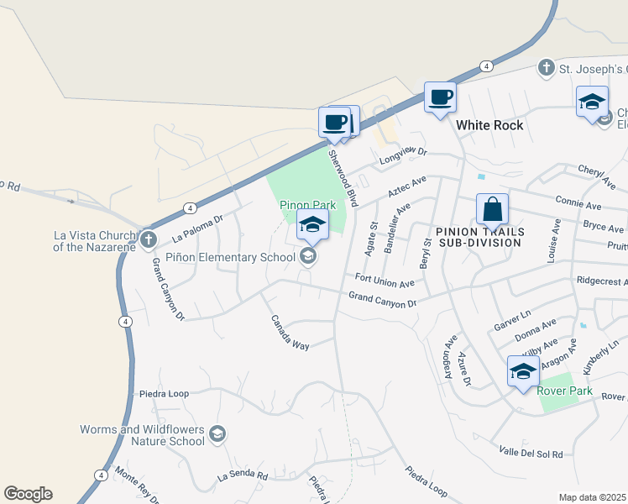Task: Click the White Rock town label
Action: point(489,125)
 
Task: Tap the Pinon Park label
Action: point(307,205)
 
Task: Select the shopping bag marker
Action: point(492,209)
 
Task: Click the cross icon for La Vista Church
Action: point(149,239)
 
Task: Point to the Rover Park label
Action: point(566,391)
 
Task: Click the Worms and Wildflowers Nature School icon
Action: point(217,434)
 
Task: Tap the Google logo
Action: point(28,494)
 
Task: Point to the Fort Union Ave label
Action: point(385,281)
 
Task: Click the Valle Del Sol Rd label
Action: point(530,453)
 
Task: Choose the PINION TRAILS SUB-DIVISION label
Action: point(480,237)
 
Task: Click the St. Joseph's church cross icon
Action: point(546,67)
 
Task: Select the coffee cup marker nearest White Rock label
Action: point(440,97)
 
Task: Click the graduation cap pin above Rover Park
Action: point(523,370)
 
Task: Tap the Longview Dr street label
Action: point(403,154)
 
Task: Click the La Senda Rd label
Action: point(242,476)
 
